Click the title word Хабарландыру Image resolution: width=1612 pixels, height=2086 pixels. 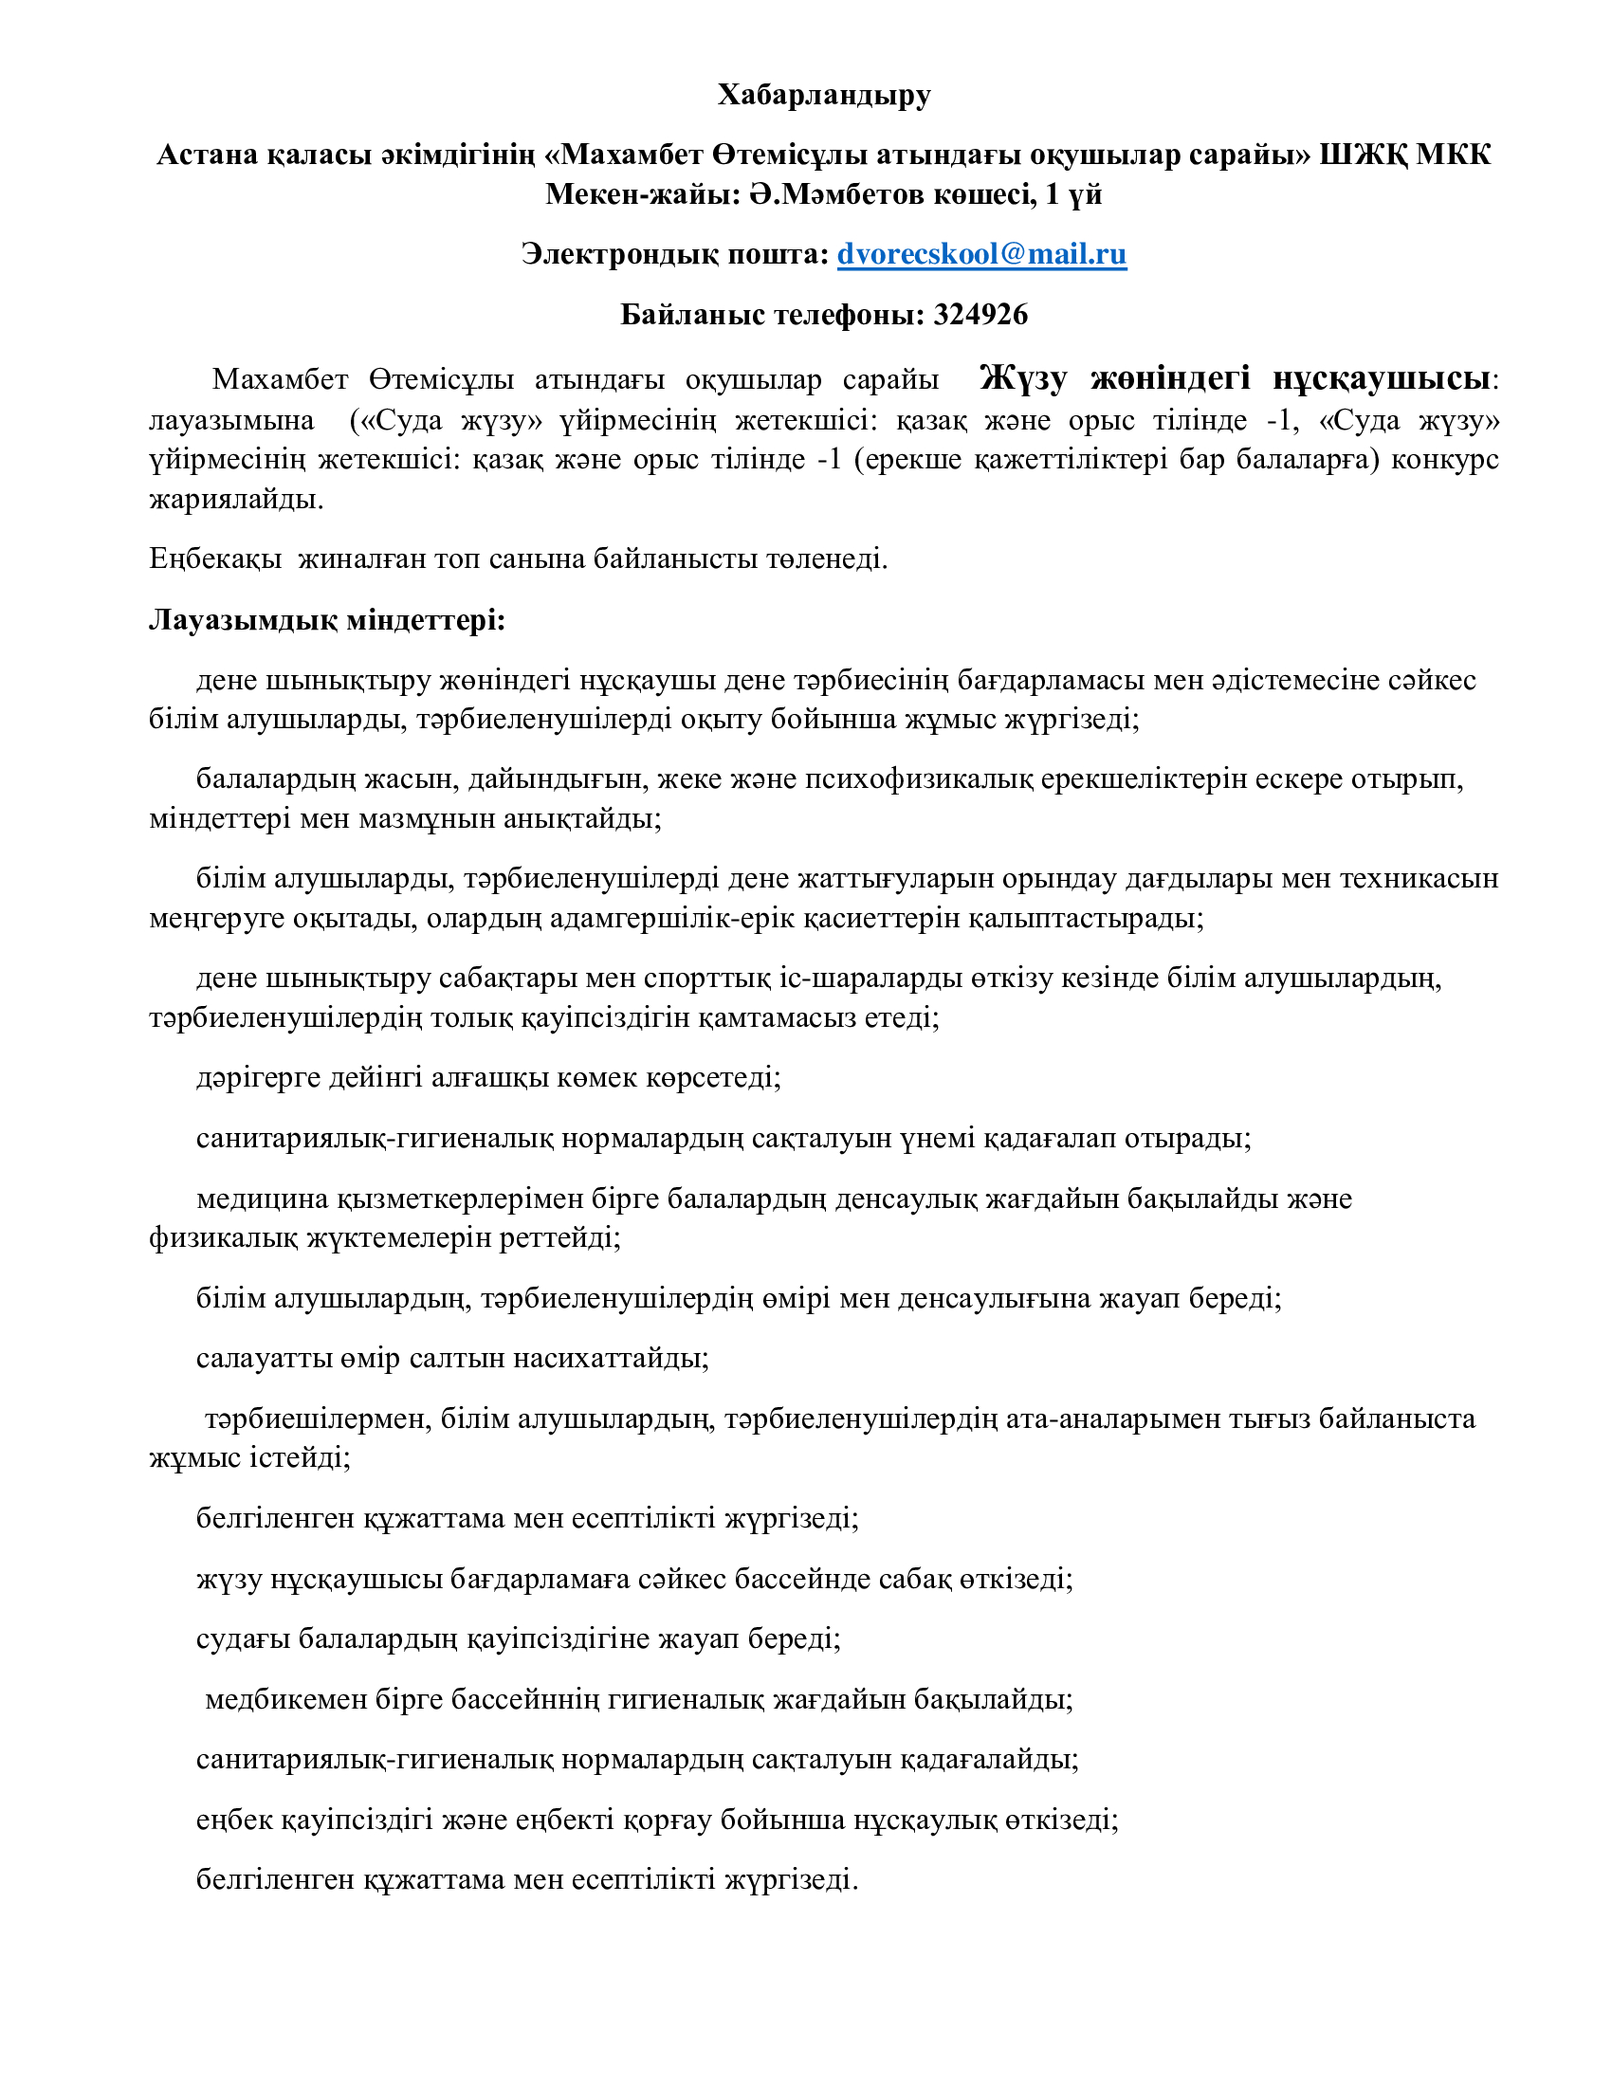click(824, 95)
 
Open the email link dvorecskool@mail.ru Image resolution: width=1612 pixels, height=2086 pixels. click(981, 254)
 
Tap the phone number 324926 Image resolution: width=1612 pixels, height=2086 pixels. click(980, 314)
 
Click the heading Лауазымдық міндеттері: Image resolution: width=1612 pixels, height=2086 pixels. click(326, 620)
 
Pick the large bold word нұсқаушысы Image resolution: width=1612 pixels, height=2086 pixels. click(1381, 378)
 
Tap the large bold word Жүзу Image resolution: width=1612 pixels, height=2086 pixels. click(1023, 378)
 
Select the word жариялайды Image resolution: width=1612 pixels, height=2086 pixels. click(236, 499)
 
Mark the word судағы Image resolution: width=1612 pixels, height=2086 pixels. click(243, 1639)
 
